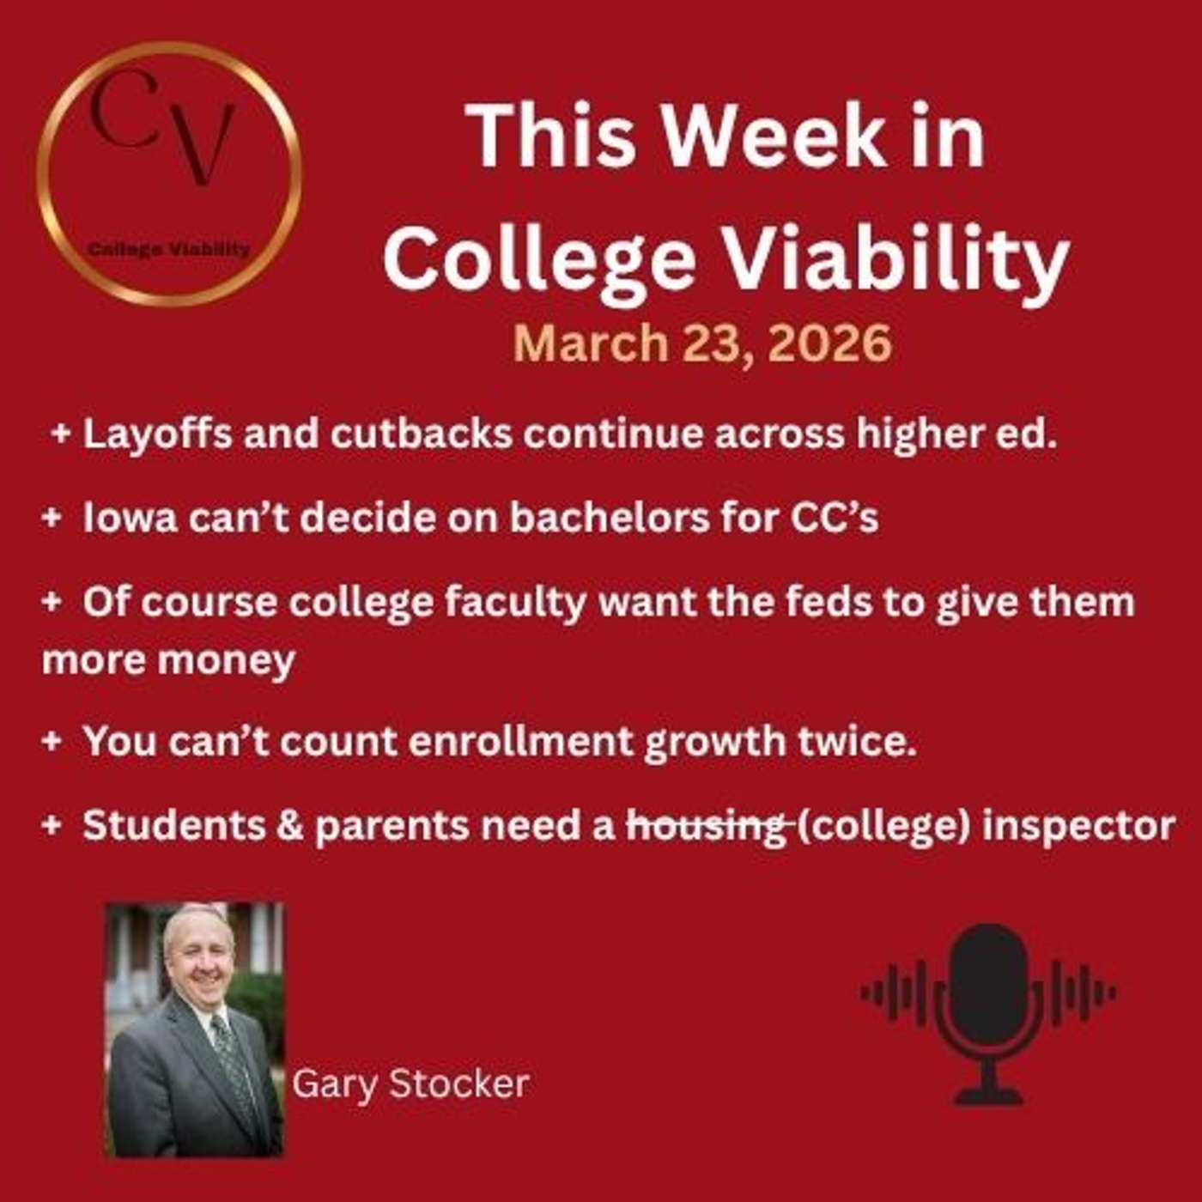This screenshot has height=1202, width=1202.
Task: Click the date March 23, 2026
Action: (702, 343)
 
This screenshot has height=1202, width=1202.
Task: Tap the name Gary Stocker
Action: (410, 1084)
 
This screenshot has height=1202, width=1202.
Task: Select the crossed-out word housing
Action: (707, 826)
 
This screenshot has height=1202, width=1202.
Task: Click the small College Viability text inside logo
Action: (169, 249)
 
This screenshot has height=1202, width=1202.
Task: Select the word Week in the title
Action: (774, 137)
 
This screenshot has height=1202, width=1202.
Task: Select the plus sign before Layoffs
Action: (60, 434)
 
